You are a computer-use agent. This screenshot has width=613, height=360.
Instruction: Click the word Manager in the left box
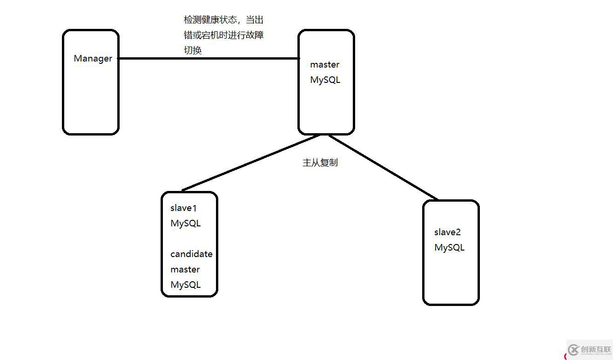coord(93,59)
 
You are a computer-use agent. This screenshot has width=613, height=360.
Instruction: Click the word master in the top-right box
coord(324,65)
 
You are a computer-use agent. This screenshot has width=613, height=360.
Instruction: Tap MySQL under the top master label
coord(325,80)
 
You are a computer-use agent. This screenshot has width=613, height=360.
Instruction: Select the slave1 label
coord(183,208)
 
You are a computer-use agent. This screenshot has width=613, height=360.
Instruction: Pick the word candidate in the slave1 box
coord(191,254)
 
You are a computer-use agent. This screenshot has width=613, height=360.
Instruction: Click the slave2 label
coord(447,232)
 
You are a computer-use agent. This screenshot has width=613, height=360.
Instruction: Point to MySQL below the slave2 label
coord(449,247)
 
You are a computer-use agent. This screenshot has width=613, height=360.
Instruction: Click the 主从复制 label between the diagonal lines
coord(320,163)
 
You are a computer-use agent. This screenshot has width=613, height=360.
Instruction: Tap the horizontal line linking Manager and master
coord(209,58)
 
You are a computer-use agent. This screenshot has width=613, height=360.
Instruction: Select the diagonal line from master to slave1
coord(251,163)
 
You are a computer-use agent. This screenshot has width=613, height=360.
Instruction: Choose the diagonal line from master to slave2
coord(383,168)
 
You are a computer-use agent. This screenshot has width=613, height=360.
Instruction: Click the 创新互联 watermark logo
coord(589,350)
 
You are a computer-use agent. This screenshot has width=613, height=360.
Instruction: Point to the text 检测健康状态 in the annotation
coord(210,20)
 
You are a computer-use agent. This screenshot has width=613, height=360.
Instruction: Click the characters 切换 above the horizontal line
coord(193,50)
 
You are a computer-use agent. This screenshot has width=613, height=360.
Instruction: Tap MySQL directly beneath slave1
coord(185,224)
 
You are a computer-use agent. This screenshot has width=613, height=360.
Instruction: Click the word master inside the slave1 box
coord(185,269)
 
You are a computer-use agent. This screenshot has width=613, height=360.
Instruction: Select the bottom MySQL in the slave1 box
coord(185,285)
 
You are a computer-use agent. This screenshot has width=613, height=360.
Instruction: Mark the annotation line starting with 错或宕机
coord(223,35)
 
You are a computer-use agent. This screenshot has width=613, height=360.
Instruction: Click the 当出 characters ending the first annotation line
coord(255,20)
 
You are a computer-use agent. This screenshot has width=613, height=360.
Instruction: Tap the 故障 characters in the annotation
coord(255,35)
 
